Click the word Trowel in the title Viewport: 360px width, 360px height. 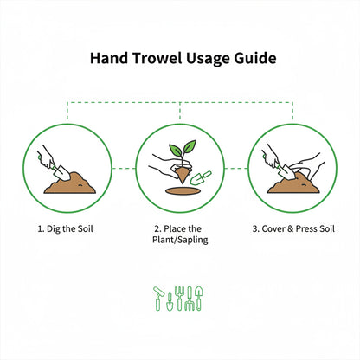152,60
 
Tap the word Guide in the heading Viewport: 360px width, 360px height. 254,60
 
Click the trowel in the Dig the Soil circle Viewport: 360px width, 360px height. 55,170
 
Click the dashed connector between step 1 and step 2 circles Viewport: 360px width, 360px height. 123,168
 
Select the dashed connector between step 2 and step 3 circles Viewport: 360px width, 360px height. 235,168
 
